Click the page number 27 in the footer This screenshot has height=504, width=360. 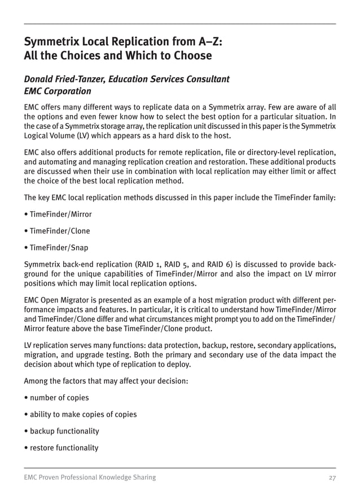[x=332, y=477]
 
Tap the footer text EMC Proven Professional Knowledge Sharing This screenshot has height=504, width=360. [x=90, y=477]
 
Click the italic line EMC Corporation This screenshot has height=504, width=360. [x=57, y=91]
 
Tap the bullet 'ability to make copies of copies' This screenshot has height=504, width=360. [x=82, y=414]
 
